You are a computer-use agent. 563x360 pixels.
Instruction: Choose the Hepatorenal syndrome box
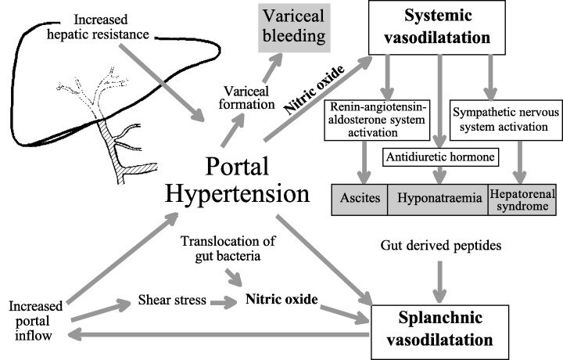pyautogui.click(x=519, y=198)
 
